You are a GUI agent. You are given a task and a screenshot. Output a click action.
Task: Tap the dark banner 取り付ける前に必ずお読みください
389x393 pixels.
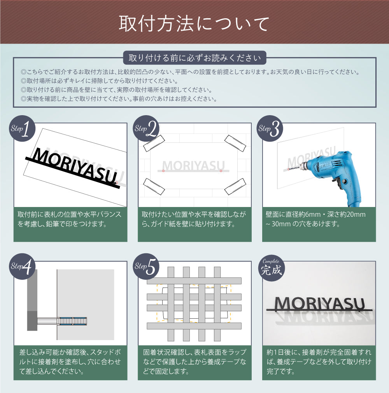194,58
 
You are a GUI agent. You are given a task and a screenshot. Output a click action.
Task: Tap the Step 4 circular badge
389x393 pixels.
22,267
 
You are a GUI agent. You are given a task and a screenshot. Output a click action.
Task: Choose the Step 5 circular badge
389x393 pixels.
146,267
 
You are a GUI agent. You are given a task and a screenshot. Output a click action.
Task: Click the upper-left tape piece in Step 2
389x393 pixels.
152,144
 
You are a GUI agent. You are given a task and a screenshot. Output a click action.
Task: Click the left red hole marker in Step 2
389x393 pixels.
163,171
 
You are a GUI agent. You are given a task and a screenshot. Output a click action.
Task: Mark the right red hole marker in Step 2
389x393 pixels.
221,171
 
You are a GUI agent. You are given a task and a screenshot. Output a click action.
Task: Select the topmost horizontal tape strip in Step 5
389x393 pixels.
194,281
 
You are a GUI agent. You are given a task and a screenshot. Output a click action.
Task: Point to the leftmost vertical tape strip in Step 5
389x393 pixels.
171,304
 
